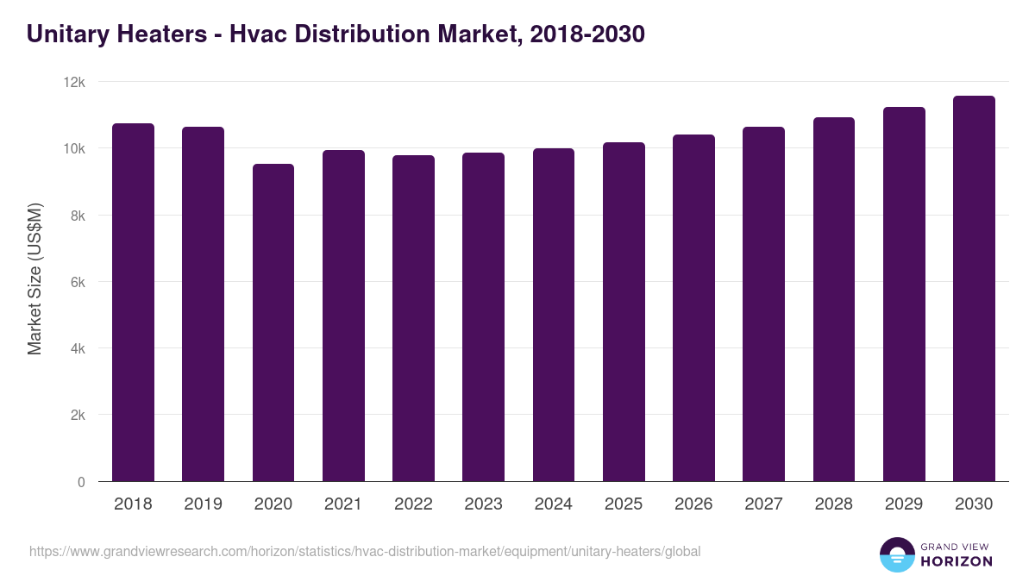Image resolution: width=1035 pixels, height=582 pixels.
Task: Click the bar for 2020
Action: pyautogui.click(x=273, y=322)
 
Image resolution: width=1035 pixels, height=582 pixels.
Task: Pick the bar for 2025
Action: pyautogui.click(x=624, y=311)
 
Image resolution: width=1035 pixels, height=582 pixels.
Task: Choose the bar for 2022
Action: pyautogui.click(x=413, y=318)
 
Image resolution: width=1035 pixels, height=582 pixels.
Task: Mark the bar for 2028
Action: pyautogui.click(x=834, y=299)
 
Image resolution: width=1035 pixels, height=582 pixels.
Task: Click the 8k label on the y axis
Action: pyautogui.click(x=77, y=216)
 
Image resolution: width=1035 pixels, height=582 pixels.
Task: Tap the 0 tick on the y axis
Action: pyautogui.click(x=81, y=482)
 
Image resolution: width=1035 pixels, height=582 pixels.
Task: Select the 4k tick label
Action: pyautogui.click(x=77, y=349)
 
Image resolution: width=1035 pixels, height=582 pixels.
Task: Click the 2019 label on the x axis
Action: pyautogui.click(x=203, y=504)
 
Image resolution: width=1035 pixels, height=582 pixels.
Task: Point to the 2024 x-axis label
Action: pyautogui.click(x=553, y=504)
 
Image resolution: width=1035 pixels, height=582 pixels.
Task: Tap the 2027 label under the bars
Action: pyautogui.click(x=763, y=504)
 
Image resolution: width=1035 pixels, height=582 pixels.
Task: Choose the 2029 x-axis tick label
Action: pyautogui.click(x=904, y=504)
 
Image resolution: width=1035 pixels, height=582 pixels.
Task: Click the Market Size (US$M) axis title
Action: pyautogui.click(x=34, y=279)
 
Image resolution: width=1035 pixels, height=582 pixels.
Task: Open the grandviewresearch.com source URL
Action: pyautogui.click(x=365, y=551)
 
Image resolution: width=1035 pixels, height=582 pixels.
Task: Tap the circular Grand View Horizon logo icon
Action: pyautogui.click(x=896, y=554)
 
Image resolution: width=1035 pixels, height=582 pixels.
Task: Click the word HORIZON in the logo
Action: pyautogui.click(x=956, y=561)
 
